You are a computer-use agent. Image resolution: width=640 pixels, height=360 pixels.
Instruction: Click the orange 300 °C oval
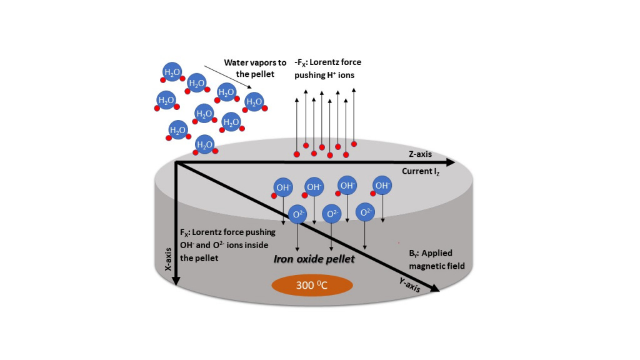[x=312, y=285]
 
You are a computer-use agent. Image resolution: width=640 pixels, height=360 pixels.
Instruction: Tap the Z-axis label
[x=420, y=154]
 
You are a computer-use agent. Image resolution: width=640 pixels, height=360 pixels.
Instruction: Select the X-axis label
[x=167, y=259]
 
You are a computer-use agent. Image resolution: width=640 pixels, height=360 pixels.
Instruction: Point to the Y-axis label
[x=409, y=284]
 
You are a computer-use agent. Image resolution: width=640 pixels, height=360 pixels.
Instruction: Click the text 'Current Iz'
[x=421, y=171]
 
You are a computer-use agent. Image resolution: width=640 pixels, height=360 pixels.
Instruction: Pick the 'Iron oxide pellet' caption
[x=314, y=259]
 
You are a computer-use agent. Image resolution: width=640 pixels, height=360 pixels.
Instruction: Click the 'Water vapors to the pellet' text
[x=255, y=68]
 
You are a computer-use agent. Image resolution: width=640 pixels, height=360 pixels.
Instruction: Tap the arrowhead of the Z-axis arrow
[x=451, y=162]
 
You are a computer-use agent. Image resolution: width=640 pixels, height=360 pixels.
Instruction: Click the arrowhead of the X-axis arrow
[x=176, y=281]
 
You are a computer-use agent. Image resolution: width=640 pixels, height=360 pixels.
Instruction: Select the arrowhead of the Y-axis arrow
[x=436, y=288]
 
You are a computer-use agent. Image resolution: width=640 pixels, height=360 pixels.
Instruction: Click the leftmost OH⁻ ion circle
[x=283, y=187]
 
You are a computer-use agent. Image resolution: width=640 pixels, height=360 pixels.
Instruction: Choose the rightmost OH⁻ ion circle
[x=382, y=186]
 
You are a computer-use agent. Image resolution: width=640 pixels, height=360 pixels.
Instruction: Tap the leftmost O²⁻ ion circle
[x=297, y=214]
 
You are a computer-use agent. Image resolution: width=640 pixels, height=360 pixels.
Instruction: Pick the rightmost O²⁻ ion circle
[x=365, y=212]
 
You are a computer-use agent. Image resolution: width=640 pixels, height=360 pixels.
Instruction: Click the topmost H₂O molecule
[x=172, y=72]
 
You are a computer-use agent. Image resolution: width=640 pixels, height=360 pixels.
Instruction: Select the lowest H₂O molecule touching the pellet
[x=204, y=144]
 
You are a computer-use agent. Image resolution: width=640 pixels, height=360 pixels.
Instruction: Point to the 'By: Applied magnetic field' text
[x=437, y=259]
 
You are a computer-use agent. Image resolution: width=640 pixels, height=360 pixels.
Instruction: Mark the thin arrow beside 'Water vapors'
[x=227, y=77]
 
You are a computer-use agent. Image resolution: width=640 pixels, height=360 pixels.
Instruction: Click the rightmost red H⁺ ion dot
[x=354, y=144]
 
